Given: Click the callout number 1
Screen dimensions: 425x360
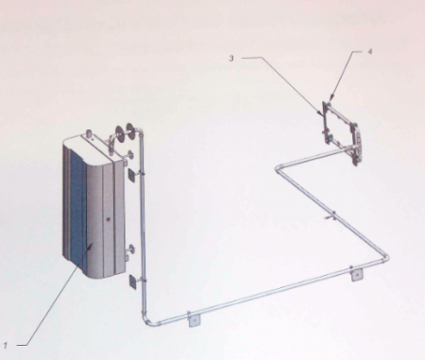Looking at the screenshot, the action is point(6,345).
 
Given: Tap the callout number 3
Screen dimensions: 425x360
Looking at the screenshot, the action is point(231,59).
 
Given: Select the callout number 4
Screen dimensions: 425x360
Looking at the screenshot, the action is point(370,52).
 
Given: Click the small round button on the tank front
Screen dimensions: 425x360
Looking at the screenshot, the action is point(109,218).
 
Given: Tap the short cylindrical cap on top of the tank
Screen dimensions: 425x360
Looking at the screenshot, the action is point(89,133).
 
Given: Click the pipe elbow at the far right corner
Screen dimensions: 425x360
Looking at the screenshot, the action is point(385,258).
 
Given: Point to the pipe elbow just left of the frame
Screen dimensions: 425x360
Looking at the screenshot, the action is point(279,168).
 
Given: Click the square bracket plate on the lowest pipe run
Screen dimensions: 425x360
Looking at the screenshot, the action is point(195,321).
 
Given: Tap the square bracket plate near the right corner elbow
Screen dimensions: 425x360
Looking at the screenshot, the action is point(357,276).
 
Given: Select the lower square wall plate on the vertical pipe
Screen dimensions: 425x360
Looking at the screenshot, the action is point(132,281).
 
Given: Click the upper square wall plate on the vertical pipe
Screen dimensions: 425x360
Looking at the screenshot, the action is point(132,175).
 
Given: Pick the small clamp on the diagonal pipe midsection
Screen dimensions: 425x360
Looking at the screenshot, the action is point(331,216).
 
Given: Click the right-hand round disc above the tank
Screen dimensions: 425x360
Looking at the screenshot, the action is point(130,129).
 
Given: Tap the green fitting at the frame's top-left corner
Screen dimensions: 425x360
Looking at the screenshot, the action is point(329,103).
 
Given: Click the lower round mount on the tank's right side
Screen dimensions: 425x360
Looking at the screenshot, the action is point(129,250).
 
